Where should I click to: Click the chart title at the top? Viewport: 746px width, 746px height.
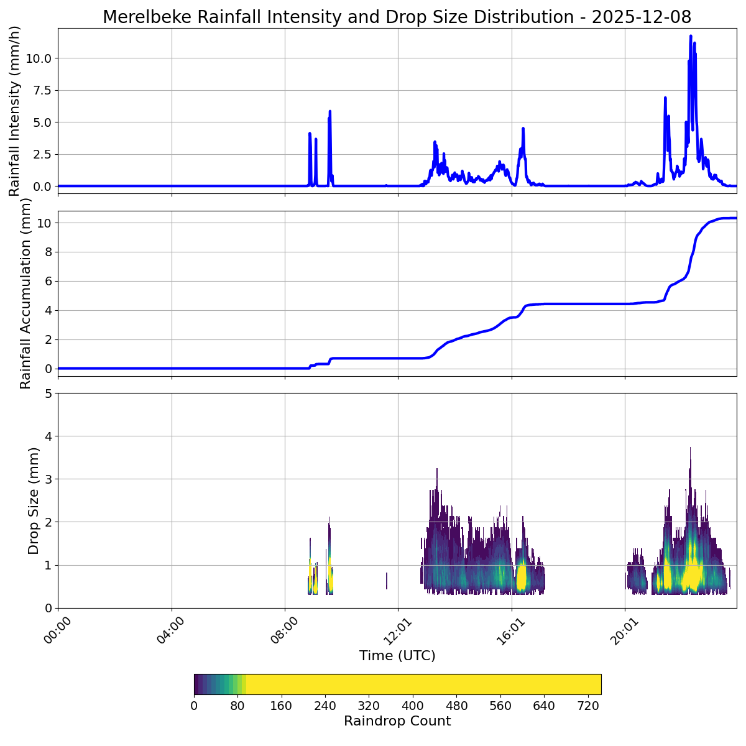point(397,17)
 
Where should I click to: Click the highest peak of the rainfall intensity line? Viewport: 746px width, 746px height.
point(690,36)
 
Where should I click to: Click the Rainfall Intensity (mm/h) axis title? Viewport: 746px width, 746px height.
point(15,111)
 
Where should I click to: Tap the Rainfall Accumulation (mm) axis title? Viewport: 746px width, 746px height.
point(25,293)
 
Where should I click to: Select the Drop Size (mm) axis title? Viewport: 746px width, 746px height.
point(34,500)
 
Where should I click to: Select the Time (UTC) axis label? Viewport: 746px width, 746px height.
point(397,656)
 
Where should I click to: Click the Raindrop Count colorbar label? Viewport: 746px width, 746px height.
point(397,721)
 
